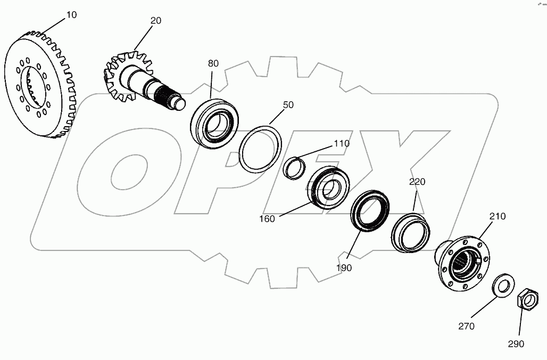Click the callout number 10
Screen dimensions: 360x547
(x=71, y=15)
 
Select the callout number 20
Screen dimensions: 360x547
(x=156, y=21)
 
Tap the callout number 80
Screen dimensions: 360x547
(x=213, y=63)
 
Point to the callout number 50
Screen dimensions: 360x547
(x=288, y=105)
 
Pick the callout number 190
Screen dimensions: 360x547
(x=344, y=268)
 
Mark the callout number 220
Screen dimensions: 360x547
(x=417, y=182)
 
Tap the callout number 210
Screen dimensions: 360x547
(x=498, y=217)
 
